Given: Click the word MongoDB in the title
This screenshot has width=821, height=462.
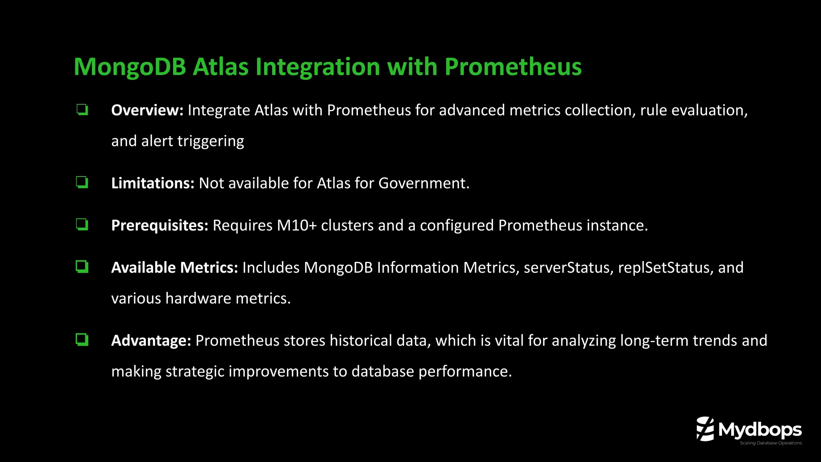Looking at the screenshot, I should coord(129,67).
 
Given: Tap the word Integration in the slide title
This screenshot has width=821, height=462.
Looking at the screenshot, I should coord(317,67).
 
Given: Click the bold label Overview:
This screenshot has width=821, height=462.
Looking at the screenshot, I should coord(147,110).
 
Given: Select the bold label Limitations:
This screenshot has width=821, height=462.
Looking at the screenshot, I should coord(153,183).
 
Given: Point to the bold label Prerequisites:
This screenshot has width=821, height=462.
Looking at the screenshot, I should coord(160,225).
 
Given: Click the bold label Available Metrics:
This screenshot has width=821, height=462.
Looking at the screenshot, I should coord(175,267).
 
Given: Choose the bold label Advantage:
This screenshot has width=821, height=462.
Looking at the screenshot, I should coord(151,340).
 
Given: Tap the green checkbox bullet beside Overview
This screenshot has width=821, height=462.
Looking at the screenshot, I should coord(82,109).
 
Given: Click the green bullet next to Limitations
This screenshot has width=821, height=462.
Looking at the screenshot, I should coord(82,182).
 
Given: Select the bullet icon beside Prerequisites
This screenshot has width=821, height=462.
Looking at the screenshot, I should coord(82,225).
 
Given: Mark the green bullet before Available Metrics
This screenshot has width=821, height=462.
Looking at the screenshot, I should coord(82,267).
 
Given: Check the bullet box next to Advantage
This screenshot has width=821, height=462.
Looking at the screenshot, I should coord(82,340).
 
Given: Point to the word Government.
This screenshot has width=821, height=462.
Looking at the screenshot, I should coord(423,183).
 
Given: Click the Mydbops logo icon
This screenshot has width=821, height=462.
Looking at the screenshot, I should coord(705,429).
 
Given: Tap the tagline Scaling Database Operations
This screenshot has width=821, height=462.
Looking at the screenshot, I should coord(770,443).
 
